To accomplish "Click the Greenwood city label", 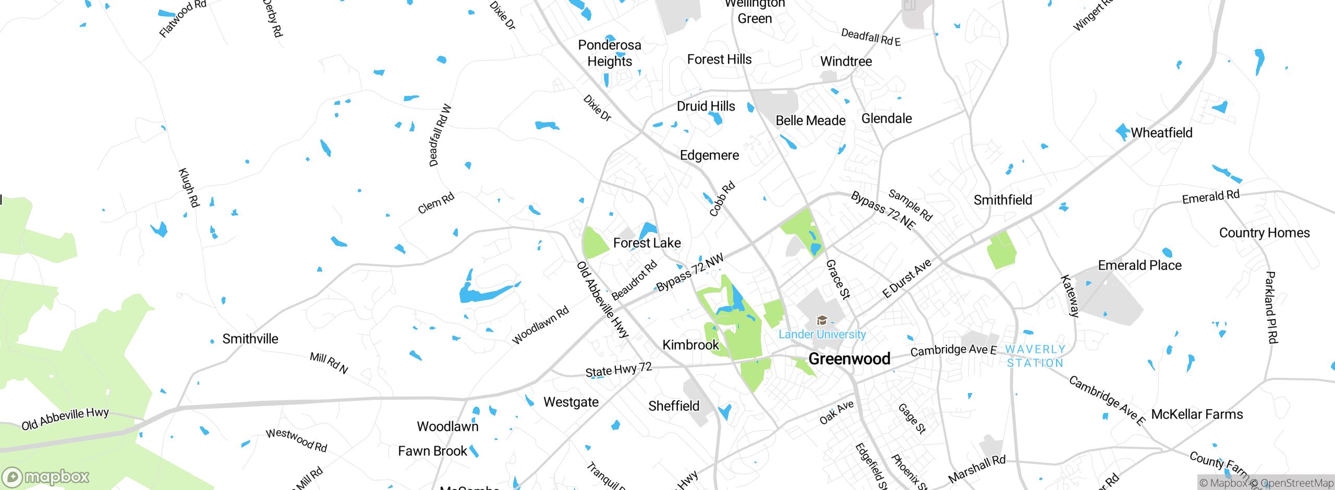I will [849, 359].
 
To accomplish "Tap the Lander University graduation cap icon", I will [822, 320].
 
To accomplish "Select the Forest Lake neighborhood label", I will [647, 243].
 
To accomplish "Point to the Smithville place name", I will [250, 339].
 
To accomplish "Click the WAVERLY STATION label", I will [1035, 356].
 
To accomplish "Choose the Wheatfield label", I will [1161, 133].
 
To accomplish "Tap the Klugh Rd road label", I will [189, 187].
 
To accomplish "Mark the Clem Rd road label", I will [436, 203].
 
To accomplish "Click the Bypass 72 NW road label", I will [689, 272].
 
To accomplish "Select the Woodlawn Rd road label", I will [540, 325].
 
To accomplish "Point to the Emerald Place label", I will [1139, 265].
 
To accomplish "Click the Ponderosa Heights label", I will [610, 53].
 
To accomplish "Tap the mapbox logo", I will [46, 476].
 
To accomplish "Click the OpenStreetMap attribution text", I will [1296, 483].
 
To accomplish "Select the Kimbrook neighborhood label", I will [690, 345].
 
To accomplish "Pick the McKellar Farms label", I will [1197, 414].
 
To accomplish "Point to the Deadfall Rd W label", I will [440, 136].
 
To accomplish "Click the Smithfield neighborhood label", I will [1002, 200].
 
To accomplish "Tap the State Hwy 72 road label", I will [618, 370].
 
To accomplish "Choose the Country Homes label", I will [1264, 233].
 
